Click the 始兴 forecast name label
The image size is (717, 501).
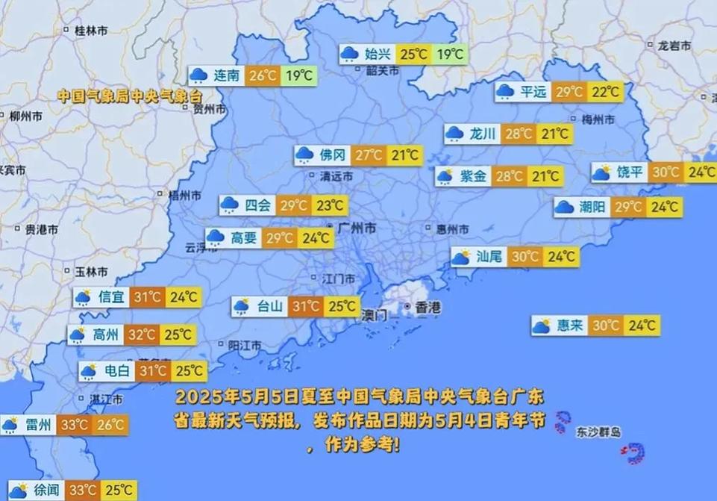pos(378,54)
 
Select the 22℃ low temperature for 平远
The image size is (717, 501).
pos(605,92)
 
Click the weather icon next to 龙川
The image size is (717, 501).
pos(454,134)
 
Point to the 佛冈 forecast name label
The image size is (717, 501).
pos(332,155)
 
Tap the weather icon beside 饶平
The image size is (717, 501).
pos(601,172)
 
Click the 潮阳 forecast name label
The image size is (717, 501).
pos(592,207)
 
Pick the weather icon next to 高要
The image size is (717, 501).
pos(215,238)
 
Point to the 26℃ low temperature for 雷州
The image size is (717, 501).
pos(110,426)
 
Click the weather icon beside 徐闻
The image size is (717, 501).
pos(18,491)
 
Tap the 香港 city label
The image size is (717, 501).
pos(428,307)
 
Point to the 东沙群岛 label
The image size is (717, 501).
pos(598,432)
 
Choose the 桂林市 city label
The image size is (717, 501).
pos(90,30)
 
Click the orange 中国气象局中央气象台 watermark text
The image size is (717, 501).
pos(130,96)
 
